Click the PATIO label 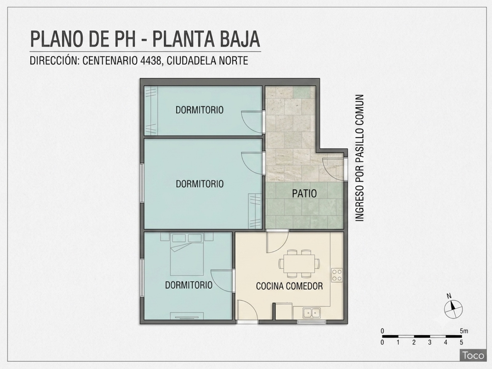click(x=304, y=194)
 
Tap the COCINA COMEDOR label click(x=289, y=286)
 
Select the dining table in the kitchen click(x=299, y=264)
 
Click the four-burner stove click(x=337, y=275)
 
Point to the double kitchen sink click(x=311, y=313)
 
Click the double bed click(x=187, y=254)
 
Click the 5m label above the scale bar click(x=464, y=331)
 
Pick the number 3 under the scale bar click(x=430, y=342)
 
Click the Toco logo click(x=473, y=355)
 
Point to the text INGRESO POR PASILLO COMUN click(x=359, y=158)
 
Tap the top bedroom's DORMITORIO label click(x=199, y=110)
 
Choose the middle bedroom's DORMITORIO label click(x=200, y=184)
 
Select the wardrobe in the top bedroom click(x=151, y=111)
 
